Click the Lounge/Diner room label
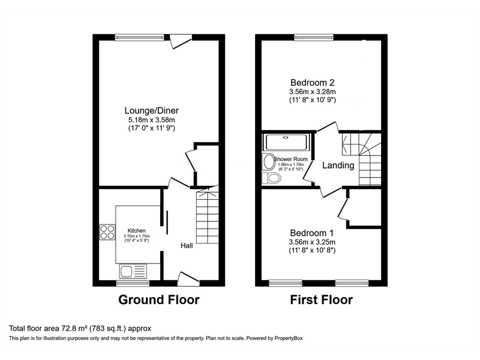[151, 110]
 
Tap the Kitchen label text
[136, 230]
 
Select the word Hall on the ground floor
[188, 245]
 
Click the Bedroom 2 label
[311, 82]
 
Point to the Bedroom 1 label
[311, 233]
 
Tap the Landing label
[338, 166]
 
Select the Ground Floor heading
[158, 299]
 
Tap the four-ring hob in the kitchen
[107, 232]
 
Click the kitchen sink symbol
[133, 271]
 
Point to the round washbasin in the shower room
[268, 161]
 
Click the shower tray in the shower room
[286, 143]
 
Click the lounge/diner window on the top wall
[139, 37]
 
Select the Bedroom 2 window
[314, 37]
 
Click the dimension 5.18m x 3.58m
[151, 119]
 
